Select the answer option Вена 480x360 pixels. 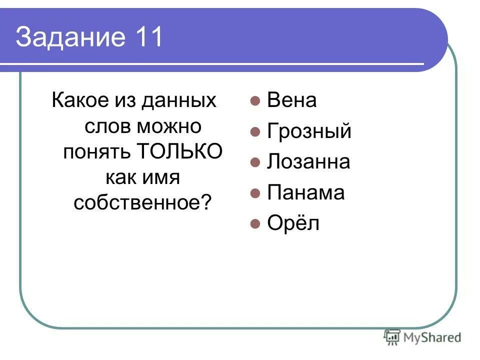pos(292,100)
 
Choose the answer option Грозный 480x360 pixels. pos(309,131)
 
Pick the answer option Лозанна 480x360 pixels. pos(308,162)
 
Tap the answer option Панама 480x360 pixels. pos(305,192)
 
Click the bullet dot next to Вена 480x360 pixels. pos(255,101)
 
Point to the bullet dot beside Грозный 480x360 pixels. pos(255,132)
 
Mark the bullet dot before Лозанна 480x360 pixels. pos(255,162)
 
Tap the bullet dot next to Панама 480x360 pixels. pos(255,193)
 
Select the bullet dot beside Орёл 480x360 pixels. pos(255,223)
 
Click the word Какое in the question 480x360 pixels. pos(80,100)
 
